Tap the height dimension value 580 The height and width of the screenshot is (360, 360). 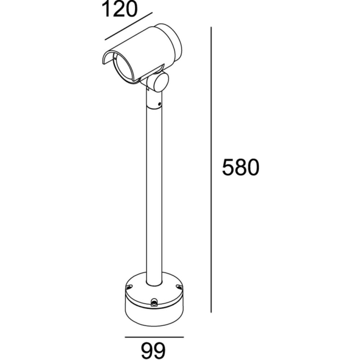240,167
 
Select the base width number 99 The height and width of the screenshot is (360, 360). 154,350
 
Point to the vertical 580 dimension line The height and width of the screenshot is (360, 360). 211,169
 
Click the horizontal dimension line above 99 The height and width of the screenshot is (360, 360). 154,336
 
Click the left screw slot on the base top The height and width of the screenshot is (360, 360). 129,286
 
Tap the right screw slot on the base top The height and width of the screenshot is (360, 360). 178,287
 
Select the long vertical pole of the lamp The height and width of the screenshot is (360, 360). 153,187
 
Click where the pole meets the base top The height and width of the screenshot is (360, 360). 153,283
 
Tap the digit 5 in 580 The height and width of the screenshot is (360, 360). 228,167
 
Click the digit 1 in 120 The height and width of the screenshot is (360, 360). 105,9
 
